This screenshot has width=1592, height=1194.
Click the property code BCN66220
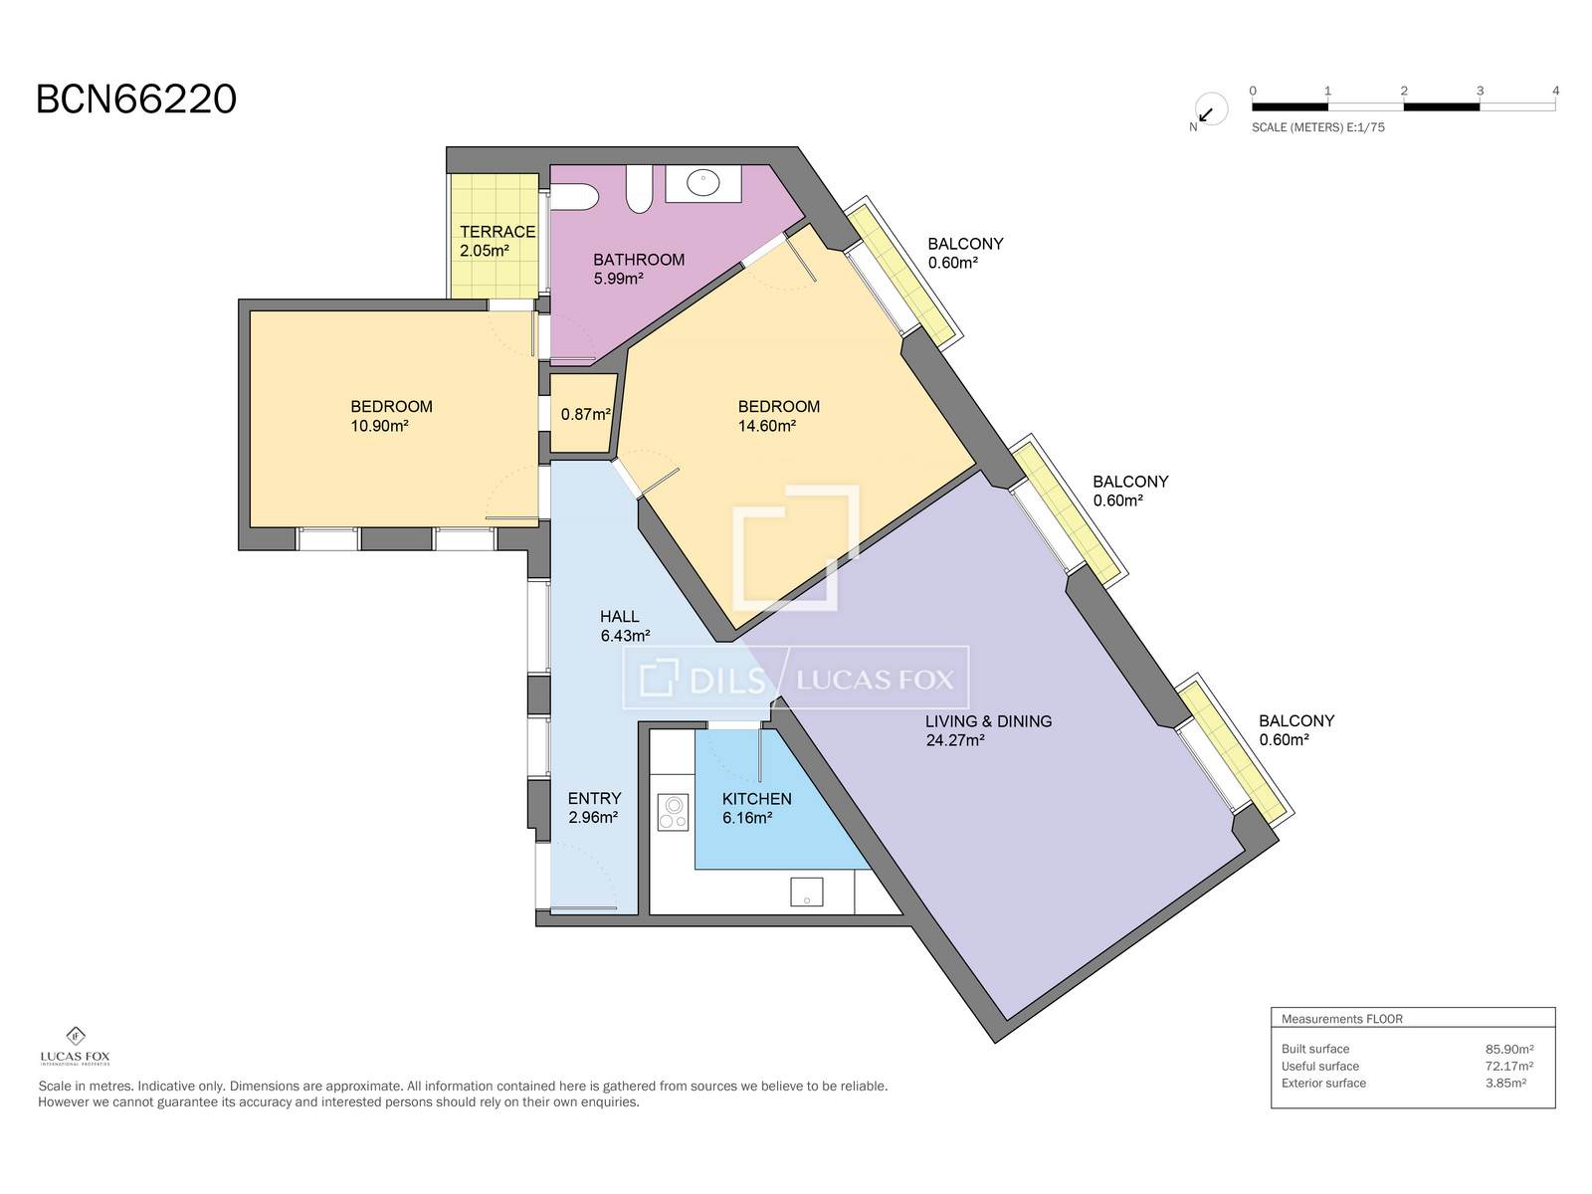(x=136, y=99)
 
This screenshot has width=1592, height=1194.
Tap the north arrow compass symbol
(x=1210, y=110)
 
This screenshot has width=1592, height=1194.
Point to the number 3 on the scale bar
(x=1480, y=91)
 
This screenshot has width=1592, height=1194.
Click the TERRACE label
(x=497, y=232)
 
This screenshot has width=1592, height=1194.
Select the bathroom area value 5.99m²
(x=619, y=279)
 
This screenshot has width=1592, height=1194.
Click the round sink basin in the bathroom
(x=702, y=183)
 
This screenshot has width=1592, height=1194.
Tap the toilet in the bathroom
(x=573, y=196)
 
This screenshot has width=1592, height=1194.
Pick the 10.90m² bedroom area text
(x=379, y=426)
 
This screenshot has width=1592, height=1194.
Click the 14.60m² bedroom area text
(x=767, y=426)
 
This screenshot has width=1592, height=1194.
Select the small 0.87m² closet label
(x=585, y=415)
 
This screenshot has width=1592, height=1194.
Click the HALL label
(x=620, y=617)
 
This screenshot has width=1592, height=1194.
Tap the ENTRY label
(x=594, y=799)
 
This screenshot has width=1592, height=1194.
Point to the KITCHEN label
(x=756, y=799)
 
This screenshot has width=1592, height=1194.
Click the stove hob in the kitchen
(x=673, y=812)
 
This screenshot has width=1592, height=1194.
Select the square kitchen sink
(x=807, y=892)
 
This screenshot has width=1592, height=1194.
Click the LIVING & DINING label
(x=989, y=721)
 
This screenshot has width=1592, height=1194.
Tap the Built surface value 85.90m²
(x=1509, y=1049)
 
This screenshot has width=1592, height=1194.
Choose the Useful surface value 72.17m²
(x=1509, y=1067)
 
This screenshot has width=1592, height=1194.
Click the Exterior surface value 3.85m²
(x=1505, y=1084)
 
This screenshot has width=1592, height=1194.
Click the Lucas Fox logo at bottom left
(x=76, y=1046)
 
